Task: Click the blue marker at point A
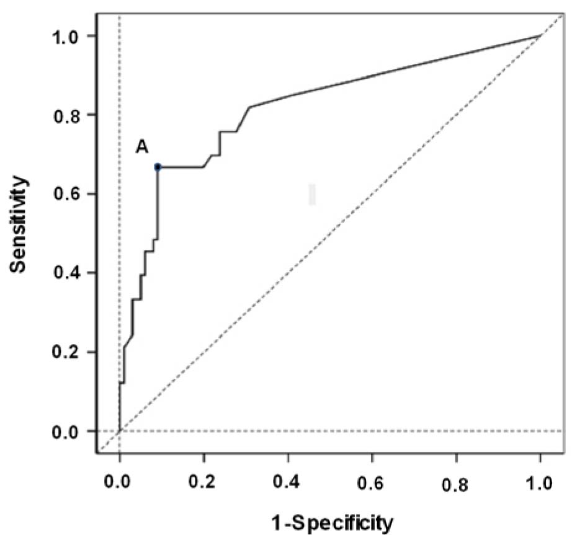point(158,167)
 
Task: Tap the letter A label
point(141,147)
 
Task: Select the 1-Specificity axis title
point(332,523)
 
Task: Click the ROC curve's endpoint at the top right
point(540,36)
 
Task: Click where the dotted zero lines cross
point(119,431)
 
